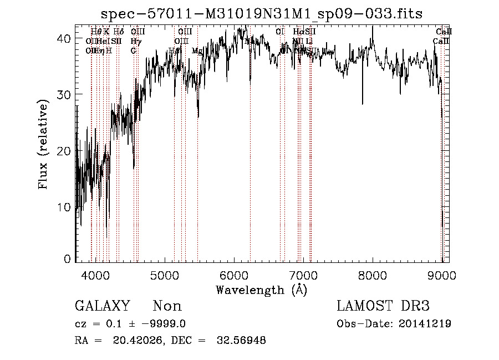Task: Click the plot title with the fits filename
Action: [262, 14]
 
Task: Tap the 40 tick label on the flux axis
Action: [64, 38]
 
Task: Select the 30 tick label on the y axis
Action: [64, 94]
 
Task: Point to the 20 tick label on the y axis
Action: [64, 151]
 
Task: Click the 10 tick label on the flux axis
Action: [64, 207]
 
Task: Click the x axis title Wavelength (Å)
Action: [261, 290]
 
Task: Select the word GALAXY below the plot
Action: [102, 306]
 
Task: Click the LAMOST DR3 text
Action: [383, 306]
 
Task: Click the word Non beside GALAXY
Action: [167, 306]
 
